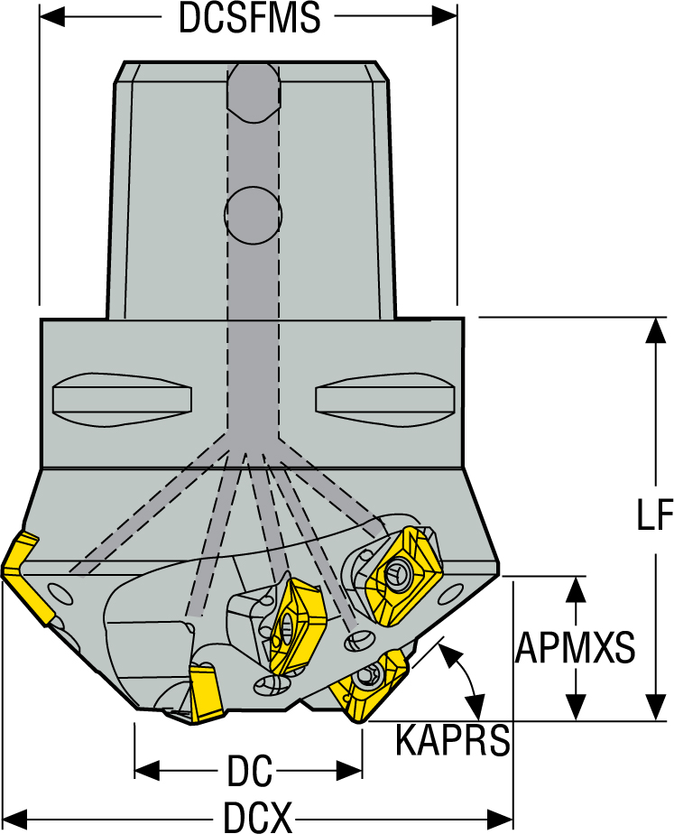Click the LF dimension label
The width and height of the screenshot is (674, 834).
click(653, 516)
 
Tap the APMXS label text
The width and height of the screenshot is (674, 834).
click(576, 646)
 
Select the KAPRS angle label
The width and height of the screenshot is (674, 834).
click(452, 741)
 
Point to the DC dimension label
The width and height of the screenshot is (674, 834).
click(249, 772)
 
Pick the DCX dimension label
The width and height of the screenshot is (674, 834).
click(257, 819)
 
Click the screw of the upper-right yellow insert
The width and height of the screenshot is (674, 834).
click(398, 571)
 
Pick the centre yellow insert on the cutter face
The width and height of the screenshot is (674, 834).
click(292, 623)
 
